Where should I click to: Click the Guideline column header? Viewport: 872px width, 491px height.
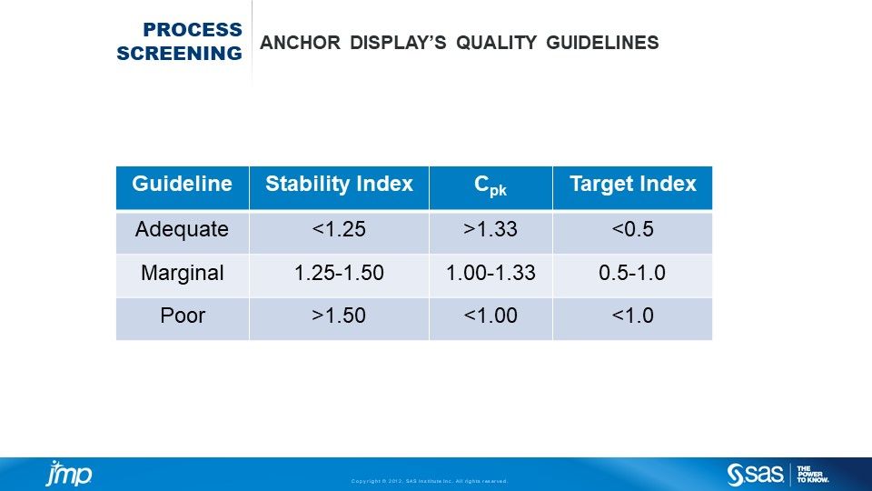182,184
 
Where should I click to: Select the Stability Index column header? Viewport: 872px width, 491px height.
339,185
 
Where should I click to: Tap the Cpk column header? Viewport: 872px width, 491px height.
490,185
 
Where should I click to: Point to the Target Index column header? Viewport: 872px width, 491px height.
633,185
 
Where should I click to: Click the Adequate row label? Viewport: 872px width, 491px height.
182,229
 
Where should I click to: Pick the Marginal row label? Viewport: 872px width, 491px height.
183,273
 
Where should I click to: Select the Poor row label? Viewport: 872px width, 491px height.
183,316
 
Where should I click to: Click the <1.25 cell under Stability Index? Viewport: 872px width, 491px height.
339,229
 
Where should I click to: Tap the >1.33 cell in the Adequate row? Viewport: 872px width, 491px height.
490,229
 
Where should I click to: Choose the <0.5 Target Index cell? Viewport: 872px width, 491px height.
632,229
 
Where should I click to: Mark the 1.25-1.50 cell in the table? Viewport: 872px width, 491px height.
339,273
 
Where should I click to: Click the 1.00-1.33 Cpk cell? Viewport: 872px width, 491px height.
490,273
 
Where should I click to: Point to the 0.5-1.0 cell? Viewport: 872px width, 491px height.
632,273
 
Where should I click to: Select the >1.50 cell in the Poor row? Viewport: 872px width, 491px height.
339,316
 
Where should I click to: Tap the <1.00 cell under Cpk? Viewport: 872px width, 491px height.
490,316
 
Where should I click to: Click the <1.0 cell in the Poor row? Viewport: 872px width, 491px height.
632,316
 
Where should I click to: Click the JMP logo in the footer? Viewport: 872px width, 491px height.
69,474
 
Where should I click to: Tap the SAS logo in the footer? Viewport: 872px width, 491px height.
755,475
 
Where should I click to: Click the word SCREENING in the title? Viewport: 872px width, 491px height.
179,54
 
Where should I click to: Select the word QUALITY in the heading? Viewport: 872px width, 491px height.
497,43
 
